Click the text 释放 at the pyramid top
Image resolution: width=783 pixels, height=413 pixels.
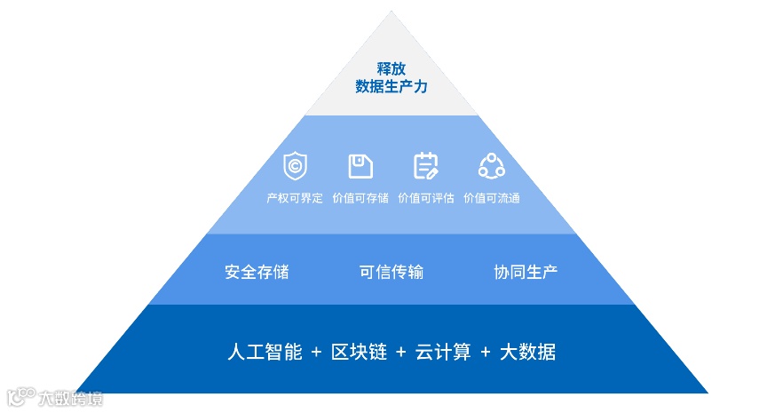[x=391, y=68]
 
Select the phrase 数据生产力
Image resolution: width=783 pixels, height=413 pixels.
[x=391, y=87]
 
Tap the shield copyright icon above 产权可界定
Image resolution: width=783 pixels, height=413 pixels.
[x=295, y=166]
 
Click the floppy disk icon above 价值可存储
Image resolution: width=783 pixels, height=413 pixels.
[x=360, y=166]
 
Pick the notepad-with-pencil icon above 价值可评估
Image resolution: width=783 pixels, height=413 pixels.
[x=426, y=166]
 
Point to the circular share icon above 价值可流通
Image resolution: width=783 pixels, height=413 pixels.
[x=491, y=166]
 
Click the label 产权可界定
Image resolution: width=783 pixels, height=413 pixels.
[x=295, y=198]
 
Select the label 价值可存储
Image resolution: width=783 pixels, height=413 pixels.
[x=360, y=198]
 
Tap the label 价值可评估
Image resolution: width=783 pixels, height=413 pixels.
[x=426, y=198]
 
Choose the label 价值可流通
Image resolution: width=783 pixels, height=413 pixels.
[x=491, y=198]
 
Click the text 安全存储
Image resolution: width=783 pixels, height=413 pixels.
[x=257, y=272]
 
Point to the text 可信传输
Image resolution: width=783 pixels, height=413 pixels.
[x=391, y=272]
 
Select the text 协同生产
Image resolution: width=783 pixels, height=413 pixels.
[x=526, y=272]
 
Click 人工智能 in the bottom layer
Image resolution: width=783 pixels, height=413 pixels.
[x=264, y=352]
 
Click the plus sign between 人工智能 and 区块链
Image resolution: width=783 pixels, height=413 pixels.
[x=317, y=353]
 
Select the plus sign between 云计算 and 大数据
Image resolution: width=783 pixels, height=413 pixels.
[x=485, y=353]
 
